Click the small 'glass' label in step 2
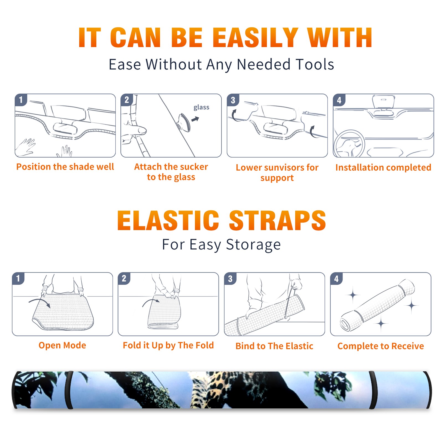point(201,107)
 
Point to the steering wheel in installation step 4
point(349,143)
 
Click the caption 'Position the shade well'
point(65,167)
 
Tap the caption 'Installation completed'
point(383,168)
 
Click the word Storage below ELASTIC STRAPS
point(253,245)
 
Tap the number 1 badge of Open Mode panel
point(18,278)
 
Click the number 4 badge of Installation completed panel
point(339,100)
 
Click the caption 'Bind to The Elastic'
point(274,346)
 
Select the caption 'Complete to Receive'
point(381,346)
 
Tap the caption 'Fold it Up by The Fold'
point(168,345)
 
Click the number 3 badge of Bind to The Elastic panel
point(230,279)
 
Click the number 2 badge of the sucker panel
point(127,100)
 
